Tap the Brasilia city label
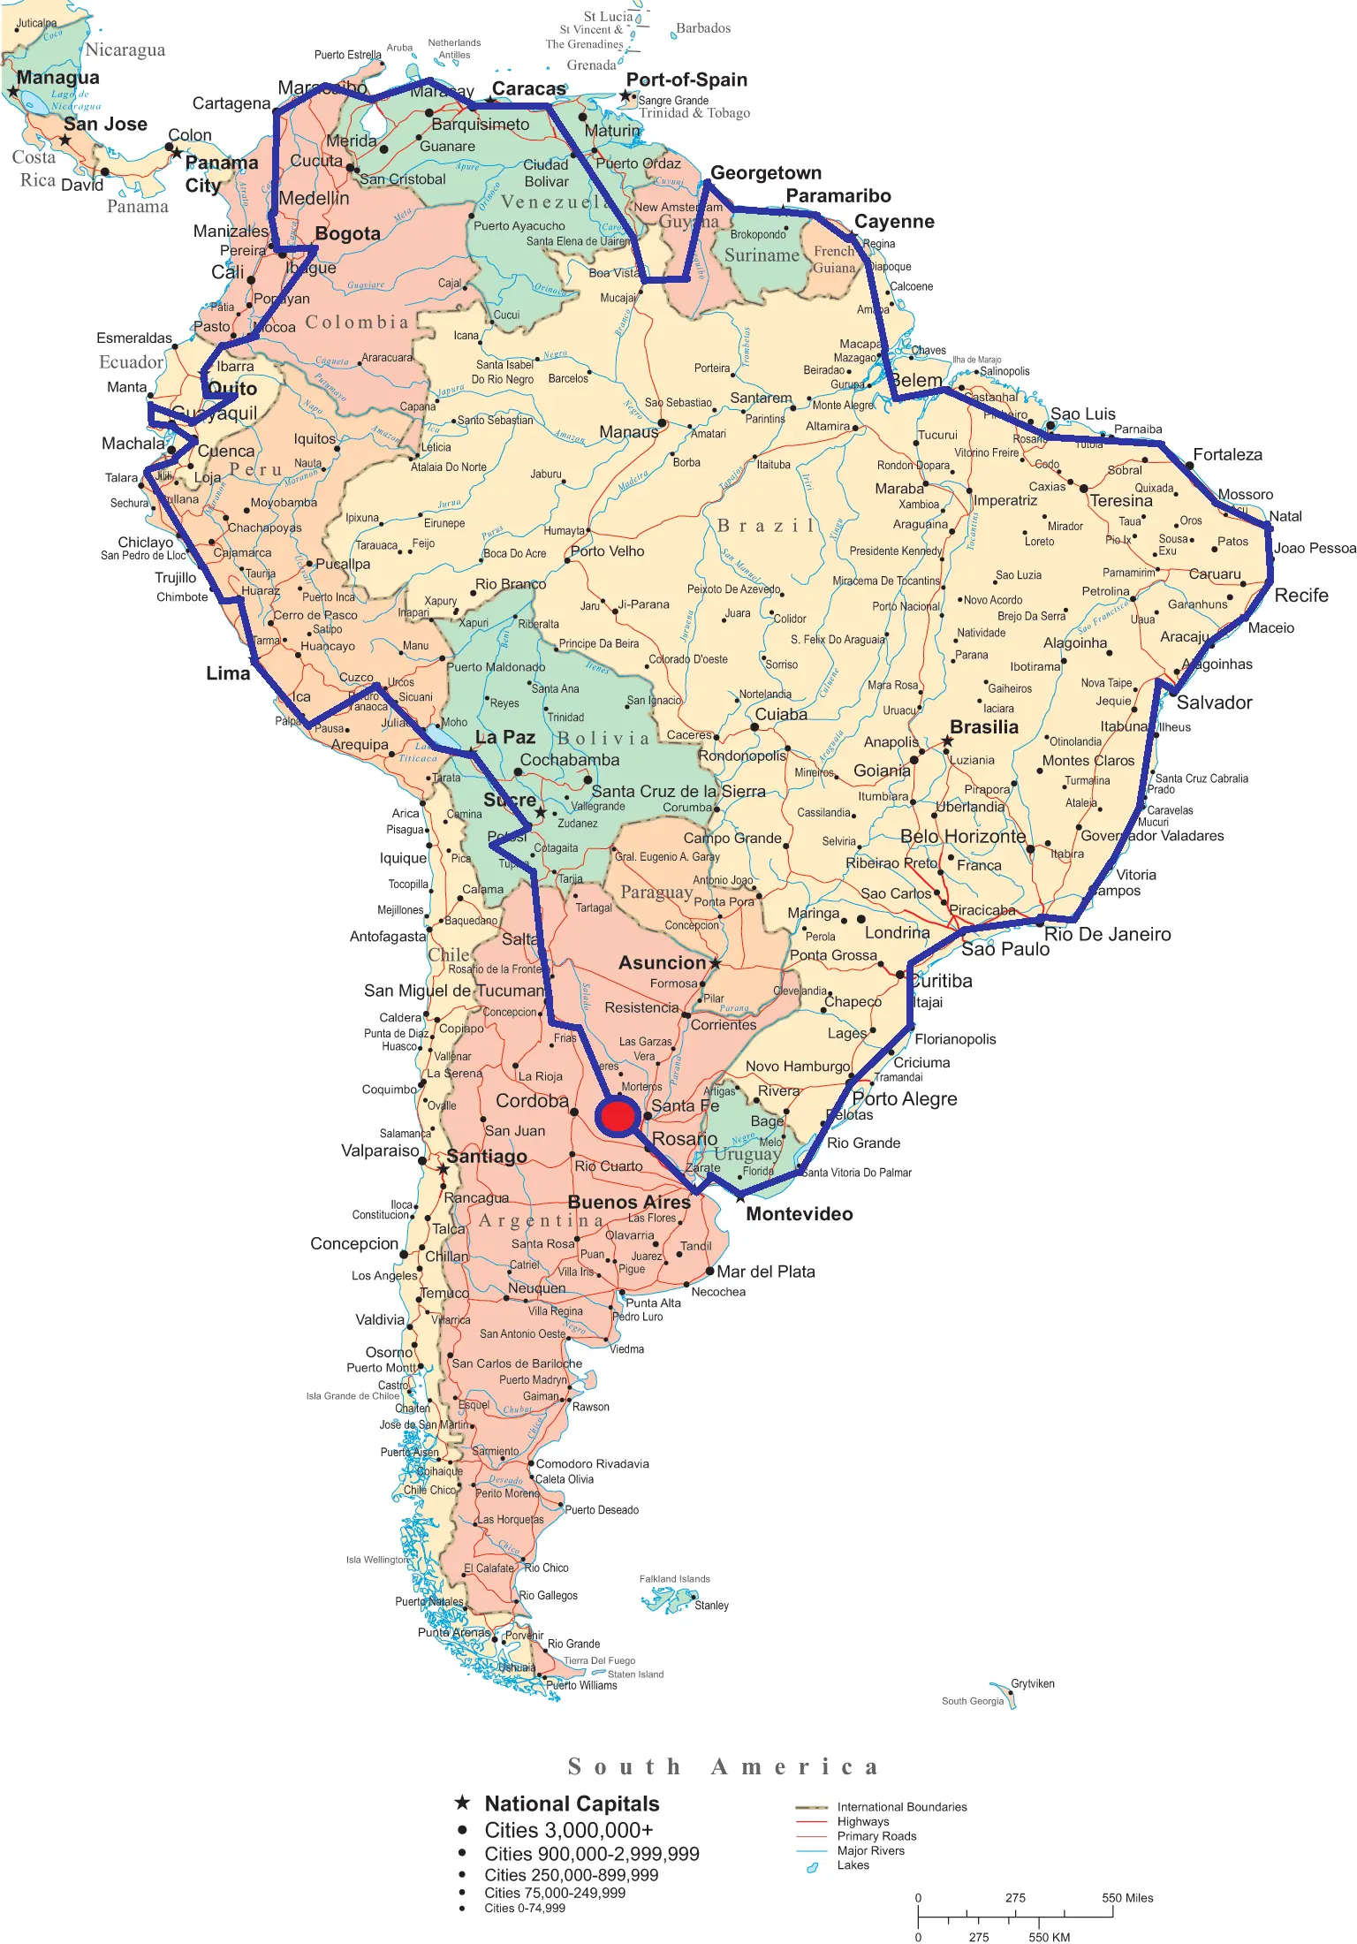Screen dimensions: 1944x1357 click(x=983, y=727)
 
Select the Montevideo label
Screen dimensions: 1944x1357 click(x=799, y=1214)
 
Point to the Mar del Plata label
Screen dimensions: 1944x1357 click(x=765, y=1272)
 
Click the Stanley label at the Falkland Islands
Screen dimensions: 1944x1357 click(x=711, y=1606)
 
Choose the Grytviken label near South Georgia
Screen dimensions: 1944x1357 click(x=1032, y=1683)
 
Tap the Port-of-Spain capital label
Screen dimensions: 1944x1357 click(x=686, y=80)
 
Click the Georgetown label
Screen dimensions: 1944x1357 click(x=765, y=173)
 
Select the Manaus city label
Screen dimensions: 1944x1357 click(x=628, y=432)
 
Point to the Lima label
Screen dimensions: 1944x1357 click(x=228, y=673)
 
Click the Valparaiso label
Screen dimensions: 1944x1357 click(x=380, y=1150)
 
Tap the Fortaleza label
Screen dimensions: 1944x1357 click(x=1227, y=455)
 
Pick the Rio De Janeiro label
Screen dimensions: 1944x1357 click(x=1107, y=935)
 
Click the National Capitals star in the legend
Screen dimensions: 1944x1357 click(x=462, y=1803)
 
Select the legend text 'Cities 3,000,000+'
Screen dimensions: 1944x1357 click(x=569, y=1830)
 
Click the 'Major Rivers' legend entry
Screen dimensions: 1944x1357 click(x=870, y=1850)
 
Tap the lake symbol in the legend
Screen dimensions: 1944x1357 click(x=811, y=1867)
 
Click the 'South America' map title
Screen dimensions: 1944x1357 click(x=723, y=1766)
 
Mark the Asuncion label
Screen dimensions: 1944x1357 click(x=662, y=963)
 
